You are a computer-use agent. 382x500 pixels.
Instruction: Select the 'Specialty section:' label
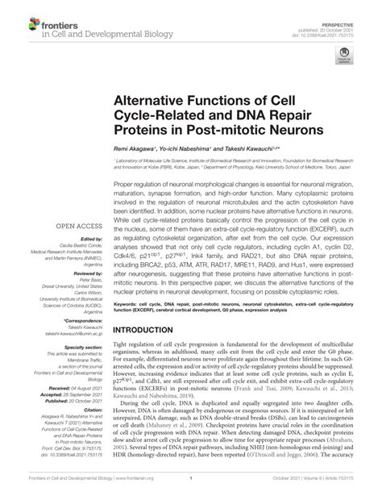pos(79,347)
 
